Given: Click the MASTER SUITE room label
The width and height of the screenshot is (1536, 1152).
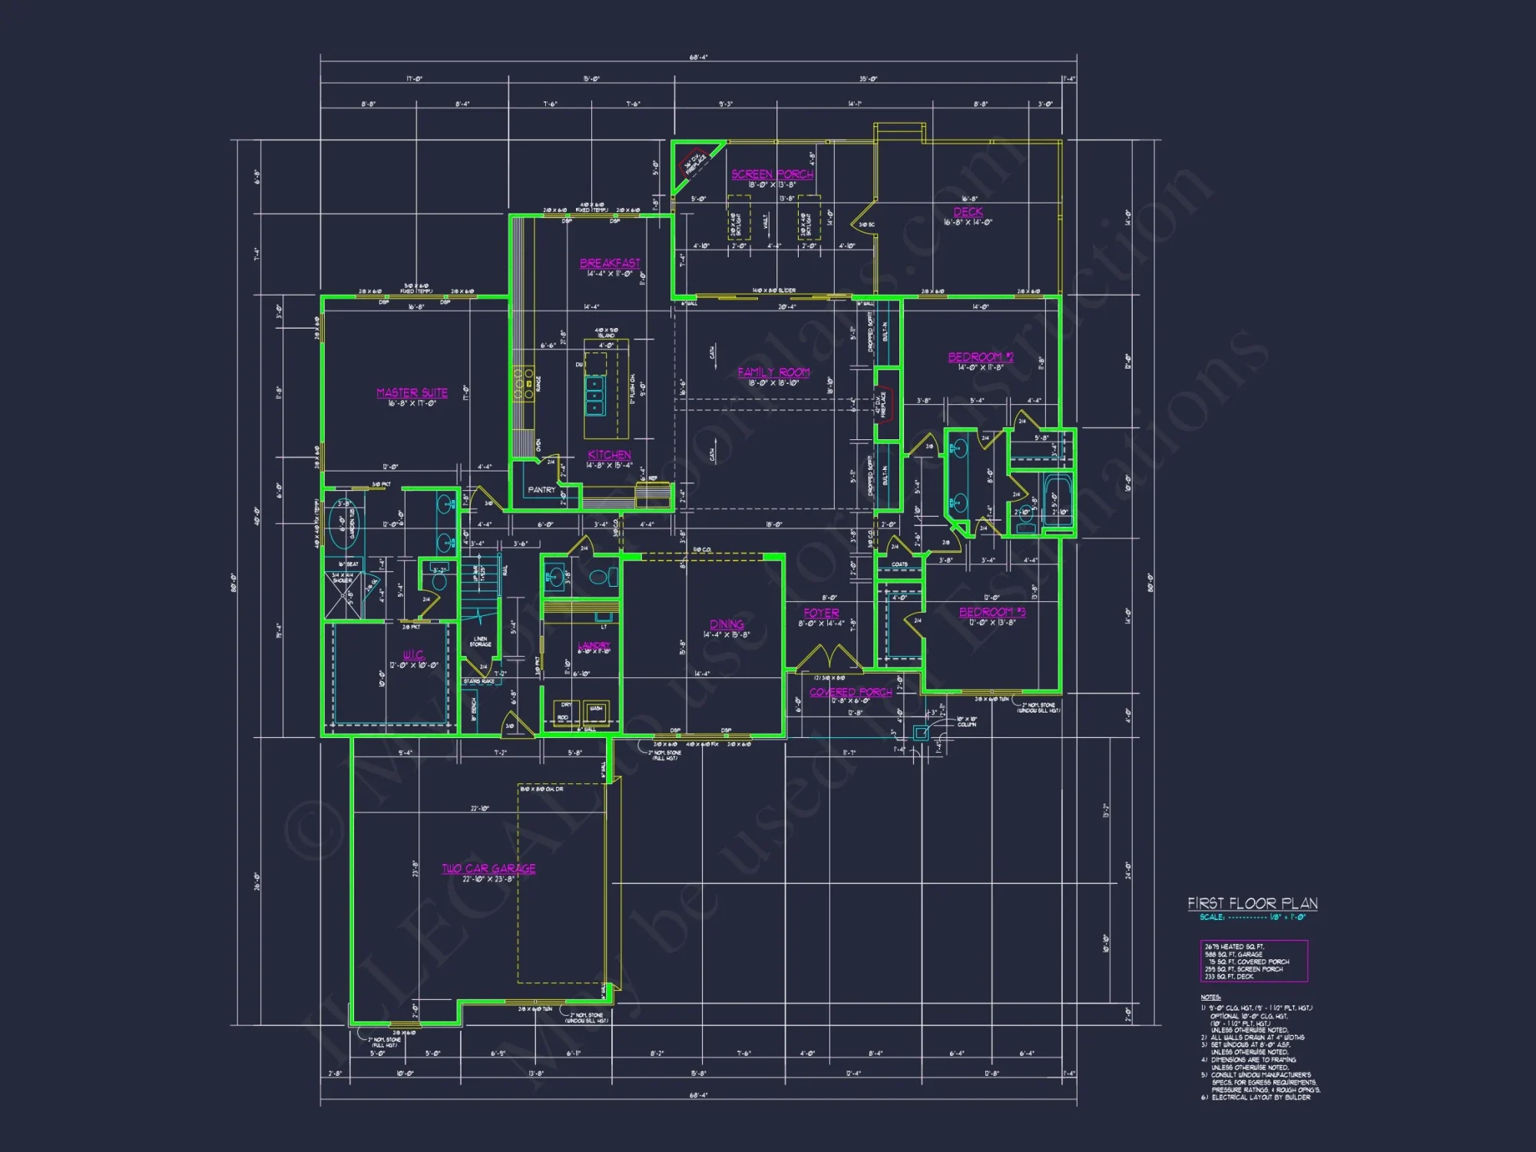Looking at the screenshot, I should (412, 392).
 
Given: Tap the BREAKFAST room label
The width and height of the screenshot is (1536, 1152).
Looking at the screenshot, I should (610, 263).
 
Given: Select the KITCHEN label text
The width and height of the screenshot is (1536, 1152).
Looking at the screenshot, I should (609, 455).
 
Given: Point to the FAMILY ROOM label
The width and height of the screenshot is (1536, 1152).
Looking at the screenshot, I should (773, 372).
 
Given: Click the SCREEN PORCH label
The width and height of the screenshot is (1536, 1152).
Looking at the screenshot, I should (772, 174).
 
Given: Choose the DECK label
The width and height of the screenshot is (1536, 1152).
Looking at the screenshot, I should (968, 211).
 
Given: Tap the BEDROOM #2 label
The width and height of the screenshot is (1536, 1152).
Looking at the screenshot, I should (981, 357).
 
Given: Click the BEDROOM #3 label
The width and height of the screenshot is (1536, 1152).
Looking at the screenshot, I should (992, 612).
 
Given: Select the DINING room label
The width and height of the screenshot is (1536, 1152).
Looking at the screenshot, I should (727, 624).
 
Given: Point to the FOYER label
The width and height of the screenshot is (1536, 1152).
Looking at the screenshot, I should (821, 613).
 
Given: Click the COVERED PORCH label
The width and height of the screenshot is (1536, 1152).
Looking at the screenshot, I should (850, 692).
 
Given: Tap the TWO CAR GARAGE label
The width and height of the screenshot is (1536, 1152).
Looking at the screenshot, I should (488, 869).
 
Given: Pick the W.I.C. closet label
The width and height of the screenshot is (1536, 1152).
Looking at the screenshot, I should (413, 655).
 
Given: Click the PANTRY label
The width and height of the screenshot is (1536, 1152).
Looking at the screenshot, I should (541, 490).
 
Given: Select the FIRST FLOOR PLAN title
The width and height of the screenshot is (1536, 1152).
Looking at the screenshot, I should (1253, 903).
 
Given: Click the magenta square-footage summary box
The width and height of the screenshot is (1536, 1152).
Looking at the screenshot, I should (1253, 961).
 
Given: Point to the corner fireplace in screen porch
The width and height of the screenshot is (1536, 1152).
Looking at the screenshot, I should (692, 164).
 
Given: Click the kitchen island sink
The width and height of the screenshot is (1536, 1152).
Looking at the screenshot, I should (595, 395).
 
